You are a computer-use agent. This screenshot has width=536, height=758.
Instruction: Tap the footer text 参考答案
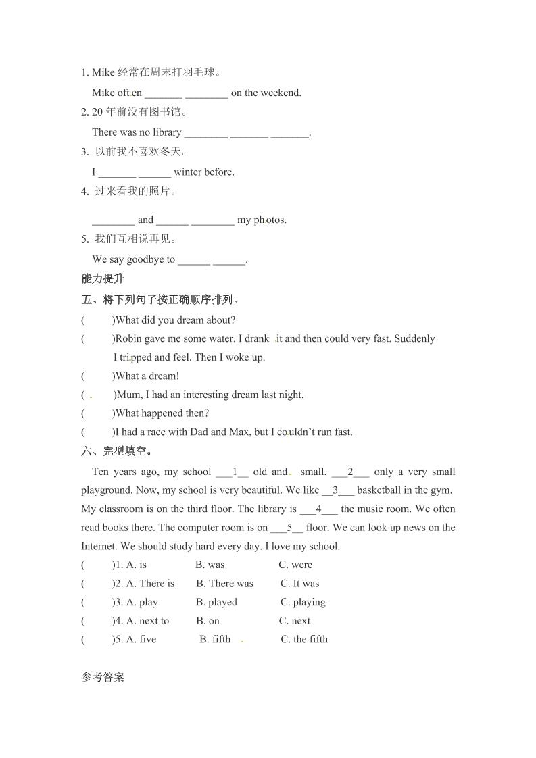[103, 677]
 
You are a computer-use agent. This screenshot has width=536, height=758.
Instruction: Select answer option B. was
[210, 565]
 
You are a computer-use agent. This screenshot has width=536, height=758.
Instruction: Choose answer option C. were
[295, 565]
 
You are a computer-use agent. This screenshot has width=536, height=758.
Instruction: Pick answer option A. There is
[150, 584]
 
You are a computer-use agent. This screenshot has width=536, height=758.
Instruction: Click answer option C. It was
[299, 584]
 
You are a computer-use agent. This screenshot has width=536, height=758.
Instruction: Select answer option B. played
[216, 602]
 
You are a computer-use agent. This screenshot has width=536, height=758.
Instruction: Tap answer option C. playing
[303, 602]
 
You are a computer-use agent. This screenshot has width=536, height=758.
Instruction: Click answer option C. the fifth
[303, 639]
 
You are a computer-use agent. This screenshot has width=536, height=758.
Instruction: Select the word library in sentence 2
[167, 132]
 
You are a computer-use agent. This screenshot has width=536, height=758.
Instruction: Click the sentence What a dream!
[147, 376]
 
